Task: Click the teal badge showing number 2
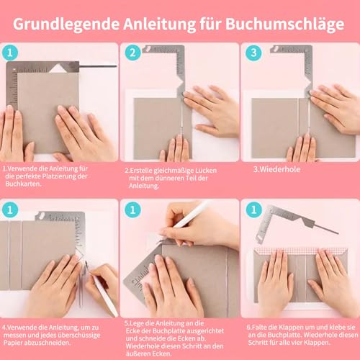pyautogui.click(x=132, y=53)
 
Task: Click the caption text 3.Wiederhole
pyautogui.click(x=276, y=171)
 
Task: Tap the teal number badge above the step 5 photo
pyautogui.click(x=132, y=210)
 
